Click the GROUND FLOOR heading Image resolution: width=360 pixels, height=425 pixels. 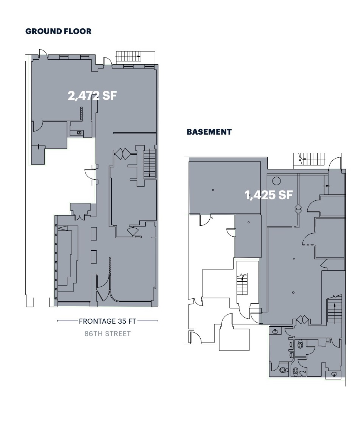(x=58, y=31)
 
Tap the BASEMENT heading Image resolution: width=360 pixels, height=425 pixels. (x=209, y=132)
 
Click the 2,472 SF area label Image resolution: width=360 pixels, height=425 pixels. (x=92, y=96)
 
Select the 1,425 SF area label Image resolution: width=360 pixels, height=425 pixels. (x=269, y=195)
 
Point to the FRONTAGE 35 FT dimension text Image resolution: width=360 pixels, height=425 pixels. (x=108, y=321)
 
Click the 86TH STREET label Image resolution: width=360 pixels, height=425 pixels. (x=108, y=333)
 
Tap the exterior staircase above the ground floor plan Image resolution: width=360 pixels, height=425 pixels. (x=128, y=57)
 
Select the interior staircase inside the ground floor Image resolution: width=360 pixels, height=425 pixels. (x=150, y=164)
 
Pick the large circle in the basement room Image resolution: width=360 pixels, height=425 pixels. (x=276, y=180)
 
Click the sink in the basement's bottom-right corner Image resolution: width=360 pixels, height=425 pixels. (x=335, y=374)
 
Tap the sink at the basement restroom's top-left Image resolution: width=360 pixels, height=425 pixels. (x=275, y=331)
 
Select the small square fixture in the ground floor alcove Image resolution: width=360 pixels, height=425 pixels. (x=79, y=133)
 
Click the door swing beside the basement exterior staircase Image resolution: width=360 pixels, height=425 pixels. (x=334, y=163)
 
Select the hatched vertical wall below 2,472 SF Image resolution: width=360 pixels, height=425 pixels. (x=81, y=113)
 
